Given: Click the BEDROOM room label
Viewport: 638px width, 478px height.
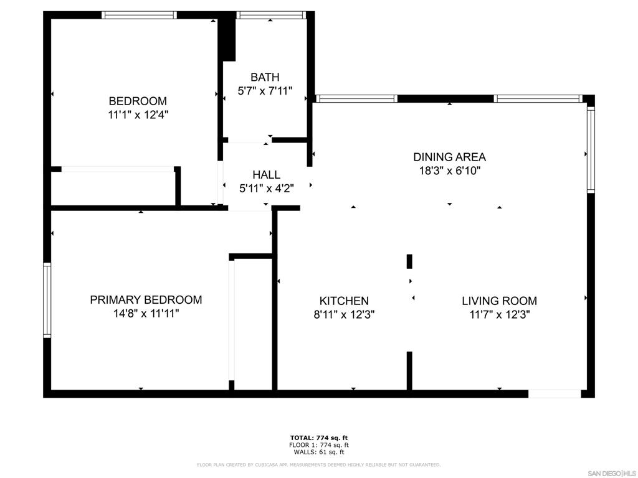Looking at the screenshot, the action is (x=138, y=101).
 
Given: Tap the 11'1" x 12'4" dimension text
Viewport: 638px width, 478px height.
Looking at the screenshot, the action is (x=138, y=115).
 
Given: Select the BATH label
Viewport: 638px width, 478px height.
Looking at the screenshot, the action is (x=265, y=77).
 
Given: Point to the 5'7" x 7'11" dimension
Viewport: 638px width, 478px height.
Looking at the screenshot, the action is (x=265, y=91).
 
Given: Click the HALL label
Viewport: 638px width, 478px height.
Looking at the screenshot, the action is (x=266, y=175).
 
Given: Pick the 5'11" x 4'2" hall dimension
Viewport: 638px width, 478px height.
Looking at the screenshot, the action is (x=267, y=188).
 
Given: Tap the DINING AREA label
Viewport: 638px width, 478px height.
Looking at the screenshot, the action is (x=450, y=157).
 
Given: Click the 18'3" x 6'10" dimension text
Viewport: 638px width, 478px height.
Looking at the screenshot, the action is (x=450, y=171).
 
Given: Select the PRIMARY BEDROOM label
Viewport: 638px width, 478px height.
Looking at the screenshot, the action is (x=146, y=300).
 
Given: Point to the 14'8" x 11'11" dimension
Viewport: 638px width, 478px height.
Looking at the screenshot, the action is (x=146, y=314).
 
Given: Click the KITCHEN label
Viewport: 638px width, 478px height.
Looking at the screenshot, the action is (x=344, y=301).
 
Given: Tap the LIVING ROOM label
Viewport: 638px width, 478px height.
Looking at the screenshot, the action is (x=499, y=301).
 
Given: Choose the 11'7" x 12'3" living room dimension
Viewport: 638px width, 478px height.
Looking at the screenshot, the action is (x=499, y=314).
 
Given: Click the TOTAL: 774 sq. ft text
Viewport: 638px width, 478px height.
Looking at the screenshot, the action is (x=319, y=438).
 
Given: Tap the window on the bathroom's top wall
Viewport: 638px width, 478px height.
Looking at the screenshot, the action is (x=271, y=15).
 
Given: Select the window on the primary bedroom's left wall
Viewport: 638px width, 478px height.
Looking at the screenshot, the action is (x=47, y=300).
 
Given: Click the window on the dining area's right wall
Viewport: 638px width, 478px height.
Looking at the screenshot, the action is (x=591, y=149).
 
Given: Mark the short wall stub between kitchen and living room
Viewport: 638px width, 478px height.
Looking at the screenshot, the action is (x=409, y=261).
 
